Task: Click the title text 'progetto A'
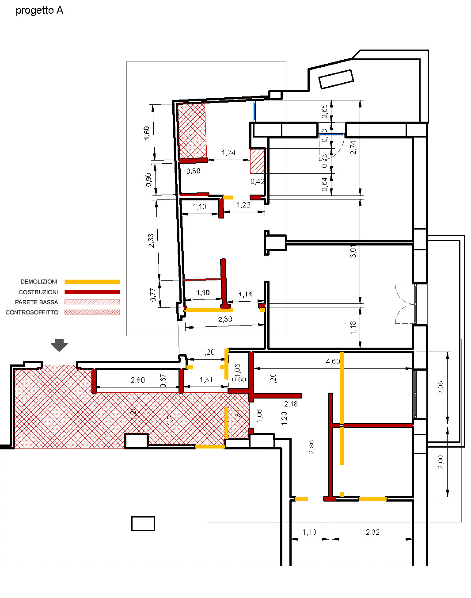39,11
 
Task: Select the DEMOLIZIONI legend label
39,282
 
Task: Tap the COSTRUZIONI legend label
38,292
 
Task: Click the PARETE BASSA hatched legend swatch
92,302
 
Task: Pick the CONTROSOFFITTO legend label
32,312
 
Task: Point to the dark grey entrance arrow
59,345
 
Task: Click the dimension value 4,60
333,361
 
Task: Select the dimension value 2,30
225,319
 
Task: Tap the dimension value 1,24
228,153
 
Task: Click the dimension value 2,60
138,380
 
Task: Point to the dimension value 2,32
372,532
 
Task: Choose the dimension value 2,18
291,404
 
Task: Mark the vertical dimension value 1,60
147,133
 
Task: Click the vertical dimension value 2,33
151,241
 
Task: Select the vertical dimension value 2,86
311,447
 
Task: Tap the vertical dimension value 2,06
441,387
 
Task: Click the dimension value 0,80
193,171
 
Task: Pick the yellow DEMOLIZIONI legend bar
92,282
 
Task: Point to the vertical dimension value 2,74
353,147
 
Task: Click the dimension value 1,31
206,379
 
